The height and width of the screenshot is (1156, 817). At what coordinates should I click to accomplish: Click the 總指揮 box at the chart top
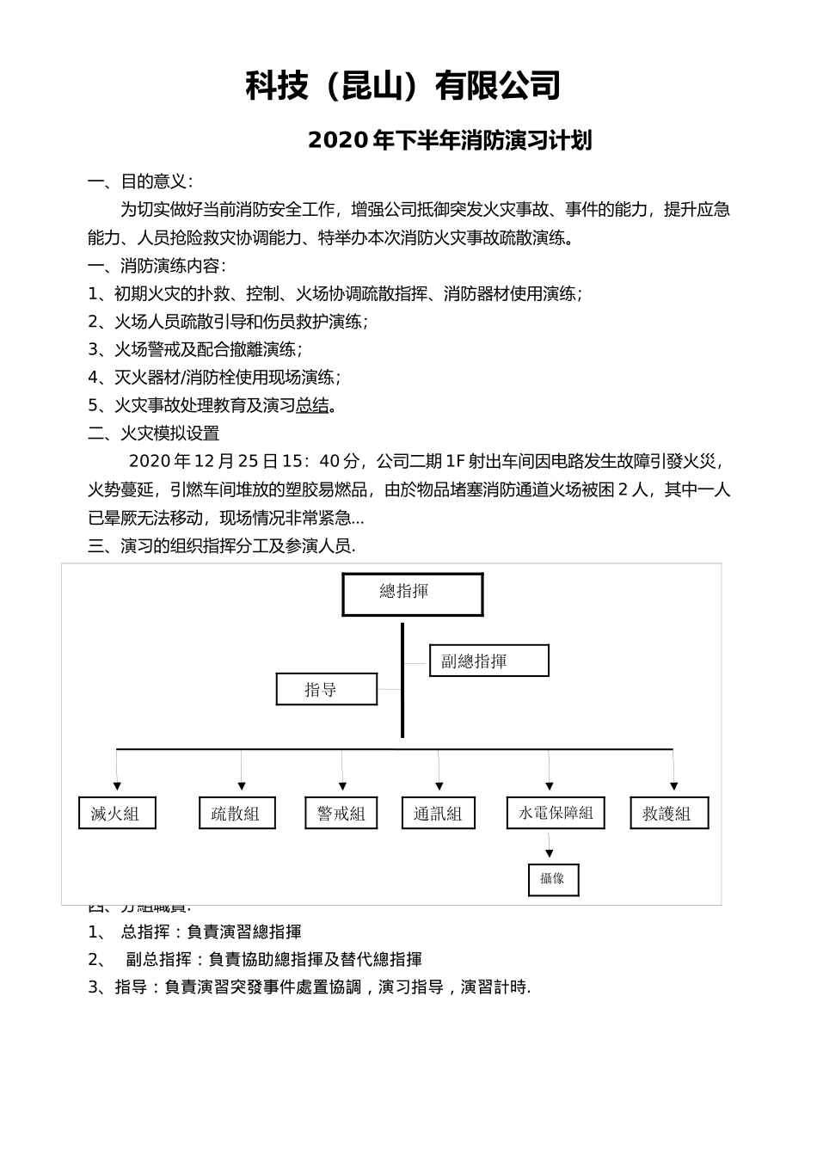[x=413, y=594]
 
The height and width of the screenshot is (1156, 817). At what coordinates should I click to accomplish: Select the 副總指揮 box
[x=488, y=661]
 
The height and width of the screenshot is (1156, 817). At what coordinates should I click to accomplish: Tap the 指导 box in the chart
[x=327, y=689]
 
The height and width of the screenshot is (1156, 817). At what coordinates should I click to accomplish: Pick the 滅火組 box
[x=117, y=813]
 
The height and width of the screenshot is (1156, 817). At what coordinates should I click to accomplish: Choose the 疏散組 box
[x=237, y=813]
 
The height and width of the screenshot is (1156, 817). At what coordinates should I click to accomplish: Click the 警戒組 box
[x=341, y=813]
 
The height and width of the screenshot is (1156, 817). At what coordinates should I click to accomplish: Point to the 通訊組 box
[x=439, y=813]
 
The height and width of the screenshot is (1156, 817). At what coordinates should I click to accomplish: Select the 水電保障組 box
[x=556, y=813]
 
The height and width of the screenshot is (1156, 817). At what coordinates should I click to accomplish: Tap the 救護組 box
[x=669, y=813]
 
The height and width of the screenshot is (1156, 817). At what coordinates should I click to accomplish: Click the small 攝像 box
[x=553, y=879]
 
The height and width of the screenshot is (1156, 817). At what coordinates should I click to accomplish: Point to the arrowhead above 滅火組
[x=117, y=786]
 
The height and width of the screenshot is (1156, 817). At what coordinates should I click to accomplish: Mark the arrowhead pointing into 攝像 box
[x=549, y=853]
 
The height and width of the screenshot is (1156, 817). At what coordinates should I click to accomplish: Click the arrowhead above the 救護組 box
[x=673, y=786]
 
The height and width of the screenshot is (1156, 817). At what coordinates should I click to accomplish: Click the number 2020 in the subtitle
[x=338, y=140]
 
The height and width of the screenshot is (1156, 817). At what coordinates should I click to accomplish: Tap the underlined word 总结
[x=312, y=405]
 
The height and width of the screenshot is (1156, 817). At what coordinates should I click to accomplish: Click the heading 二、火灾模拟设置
[x=154, y=433]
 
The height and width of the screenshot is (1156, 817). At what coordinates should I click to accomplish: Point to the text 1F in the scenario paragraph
[x=455, y=462]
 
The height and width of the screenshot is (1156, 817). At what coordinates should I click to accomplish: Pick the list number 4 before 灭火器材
[x=94, y=378]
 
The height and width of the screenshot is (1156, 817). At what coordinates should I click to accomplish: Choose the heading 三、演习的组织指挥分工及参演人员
[x=221, y=546]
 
